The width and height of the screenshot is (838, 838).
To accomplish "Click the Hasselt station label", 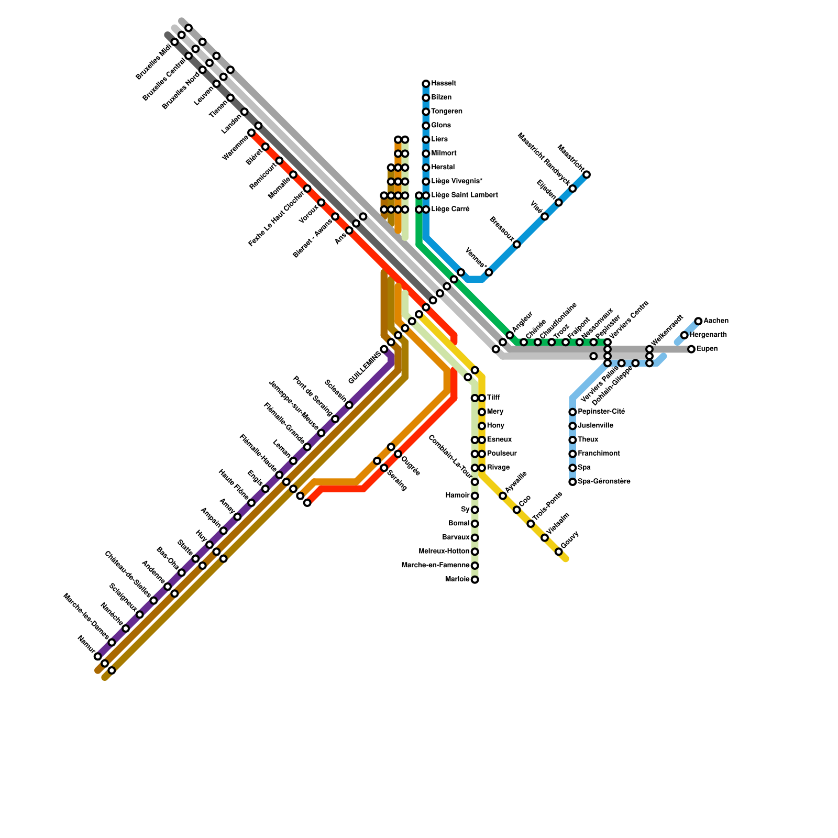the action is [x=444, y=84].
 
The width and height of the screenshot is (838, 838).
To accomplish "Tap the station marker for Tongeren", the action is [x=426, y=112].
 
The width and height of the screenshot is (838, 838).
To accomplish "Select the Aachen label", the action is [x=715, y=321].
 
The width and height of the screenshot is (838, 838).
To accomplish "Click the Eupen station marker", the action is [x=691, y=349].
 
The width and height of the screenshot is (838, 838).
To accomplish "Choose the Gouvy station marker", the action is [x=559, y=552].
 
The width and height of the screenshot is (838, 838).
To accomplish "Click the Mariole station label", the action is [x=457, y=579].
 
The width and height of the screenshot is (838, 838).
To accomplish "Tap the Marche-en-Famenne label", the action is [x=435, y=566].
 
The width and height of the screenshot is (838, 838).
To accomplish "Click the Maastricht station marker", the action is [x=587, y=174].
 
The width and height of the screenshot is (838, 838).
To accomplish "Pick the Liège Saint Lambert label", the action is [x=464, y=195].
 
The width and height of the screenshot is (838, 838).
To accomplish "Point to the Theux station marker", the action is [x=572, y=440].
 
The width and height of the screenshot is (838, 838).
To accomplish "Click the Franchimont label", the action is [x=595, y=454].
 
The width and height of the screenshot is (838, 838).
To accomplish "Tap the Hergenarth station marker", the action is [x=685, y=335].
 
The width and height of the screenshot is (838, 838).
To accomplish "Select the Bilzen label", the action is [x=441, y=98].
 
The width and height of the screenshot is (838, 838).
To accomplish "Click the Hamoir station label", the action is [x=457, y=495].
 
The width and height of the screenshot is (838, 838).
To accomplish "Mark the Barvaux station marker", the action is [x=475, y=538].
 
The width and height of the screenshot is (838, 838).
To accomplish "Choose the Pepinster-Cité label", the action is [x=601, y=412].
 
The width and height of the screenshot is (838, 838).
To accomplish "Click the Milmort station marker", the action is [x=426, y=153].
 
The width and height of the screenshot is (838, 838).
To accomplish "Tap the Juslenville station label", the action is [x=596, y=426].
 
